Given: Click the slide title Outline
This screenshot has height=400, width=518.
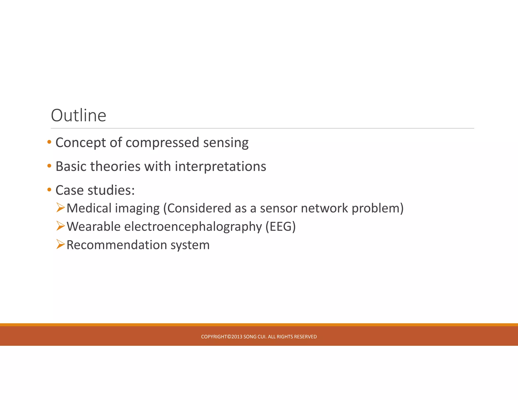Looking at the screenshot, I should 78,116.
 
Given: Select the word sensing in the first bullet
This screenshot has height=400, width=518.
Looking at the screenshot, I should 226,143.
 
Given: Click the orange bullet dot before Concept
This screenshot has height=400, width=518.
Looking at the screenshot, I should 49,142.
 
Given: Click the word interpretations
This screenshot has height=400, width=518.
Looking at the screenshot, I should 220,166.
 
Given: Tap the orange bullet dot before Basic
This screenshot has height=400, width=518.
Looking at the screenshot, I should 49,166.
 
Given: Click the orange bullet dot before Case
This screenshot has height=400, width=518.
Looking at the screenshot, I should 49,190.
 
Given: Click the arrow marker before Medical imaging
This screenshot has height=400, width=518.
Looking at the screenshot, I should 61,208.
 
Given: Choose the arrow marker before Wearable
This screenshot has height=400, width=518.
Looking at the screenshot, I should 61,226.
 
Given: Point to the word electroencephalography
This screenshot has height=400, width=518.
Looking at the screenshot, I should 193,227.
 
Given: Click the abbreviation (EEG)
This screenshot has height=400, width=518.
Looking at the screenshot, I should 280,227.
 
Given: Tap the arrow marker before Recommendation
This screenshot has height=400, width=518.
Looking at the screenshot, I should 61,244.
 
